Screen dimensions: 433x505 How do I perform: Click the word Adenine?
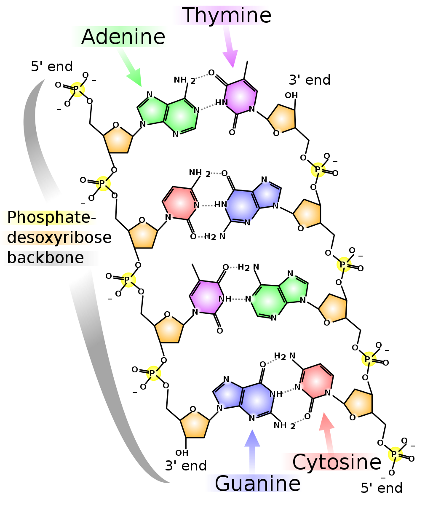[123, 37]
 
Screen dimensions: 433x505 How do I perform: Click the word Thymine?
[227, 16]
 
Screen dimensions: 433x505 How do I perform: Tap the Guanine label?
[257, 484]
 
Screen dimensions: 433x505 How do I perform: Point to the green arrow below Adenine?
[130, 68]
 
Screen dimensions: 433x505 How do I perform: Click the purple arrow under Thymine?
[230, 47]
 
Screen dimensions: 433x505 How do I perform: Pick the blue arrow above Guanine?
[252, 451]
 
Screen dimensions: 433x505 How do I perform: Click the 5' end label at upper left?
[52, 67]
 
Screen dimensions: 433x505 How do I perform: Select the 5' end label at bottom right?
[382, 488]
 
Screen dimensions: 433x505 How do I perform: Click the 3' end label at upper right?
[310, 80]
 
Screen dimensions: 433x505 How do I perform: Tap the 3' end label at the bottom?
[186, 466]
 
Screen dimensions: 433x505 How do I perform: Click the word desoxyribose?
[59, 238]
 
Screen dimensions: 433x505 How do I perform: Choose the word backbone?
[45, 258]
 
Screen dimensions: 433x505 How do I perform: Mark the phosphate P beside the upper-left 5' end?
[76, 89]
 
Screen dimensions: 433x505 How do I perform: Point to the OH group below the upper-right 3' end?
[291, 95]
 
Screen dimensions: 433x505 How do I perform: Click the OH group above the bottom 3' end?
[182, 453]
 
